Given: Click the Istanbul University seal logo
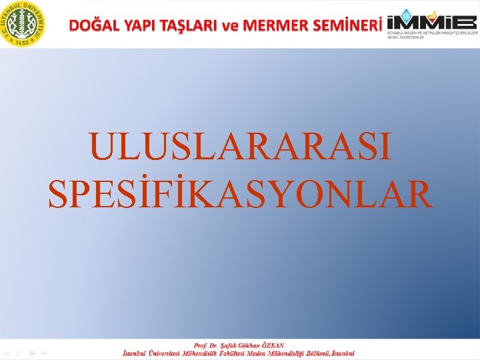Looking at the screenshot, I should click(x=23, y=23).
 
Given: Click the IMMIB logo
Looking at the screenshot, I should click(x=431, y=25).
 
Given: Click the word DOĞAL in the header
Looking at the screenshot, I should click(x=93, y=25).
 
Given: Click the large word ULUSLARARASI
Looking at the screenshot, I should click(x=240, y=147).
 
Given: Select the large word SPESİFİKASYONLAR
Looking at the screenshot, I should click(x=240, y=193).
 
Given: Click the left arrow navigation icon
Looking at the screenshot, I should click(x=7, y=353).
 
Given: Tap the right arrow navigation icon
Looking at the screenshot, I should click(x=44, y=353).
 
